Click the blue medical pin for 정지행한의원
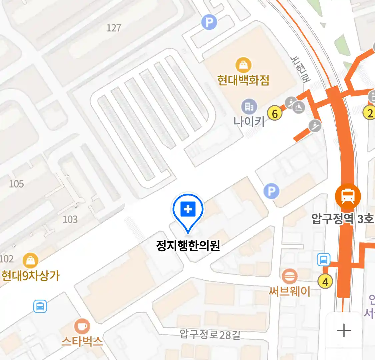pos(188,210)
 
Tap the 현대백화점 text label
pos(243,80)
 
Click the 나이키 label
pos(249,121)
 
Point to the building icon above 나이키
pos(249,107)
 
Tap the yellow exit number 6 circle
pos(275,114)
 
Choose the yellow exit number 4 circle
pos(325,282)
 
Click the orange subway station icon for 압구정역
pos(348,196)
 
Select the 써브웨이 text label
pos(289,291)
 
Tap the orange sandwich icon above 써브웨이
pos(289,276)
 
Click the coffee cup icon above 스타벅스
pos(82,326)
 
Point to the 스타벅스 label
pos(82,341)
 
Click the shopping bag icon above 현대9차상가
pos(30,260)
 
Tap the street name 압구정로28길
pos(210,334)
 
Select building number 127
pos(114,28)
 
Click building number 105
pos(16,184)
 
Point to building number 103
pos(70,219)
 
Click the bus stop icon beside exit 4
pos(324,259)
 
